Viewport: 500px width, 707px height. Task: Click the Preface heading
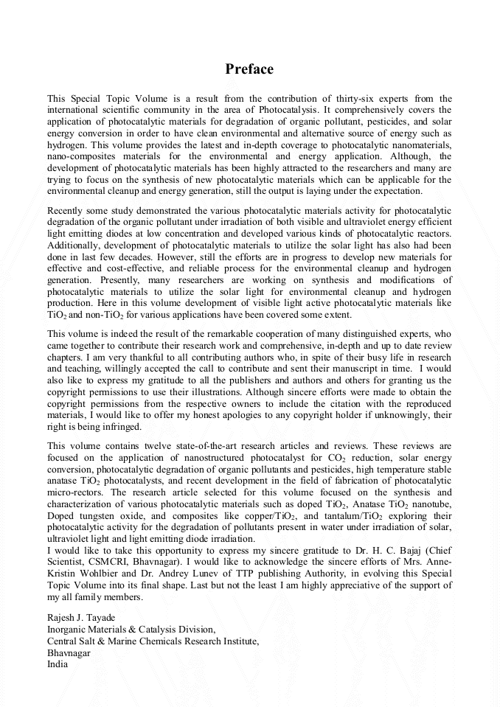pyautogui.click(x=249, y=69)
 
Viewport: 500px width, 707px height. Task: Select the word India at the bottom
pyautogui.click(x=58, y=664)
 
